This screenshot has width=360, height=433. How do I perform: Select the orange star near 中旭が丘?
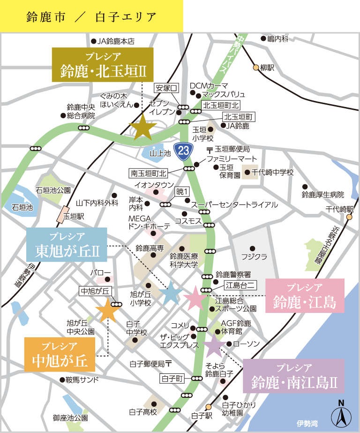click(x=108, y=310)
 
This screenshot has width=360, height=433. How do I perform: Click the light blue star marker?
click(x=171, y=293)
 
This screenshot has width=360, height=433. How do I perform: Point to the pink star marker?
click(x=194, y=298)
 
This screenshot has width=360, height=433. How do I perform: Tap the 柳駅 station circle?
click(x=256, y=68)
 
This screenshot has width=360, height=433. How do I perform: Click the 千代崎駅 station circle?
click(x=349, y=217)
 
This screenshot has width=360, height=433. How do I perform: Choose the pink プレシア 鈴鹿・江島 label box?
click(x=305, y=296)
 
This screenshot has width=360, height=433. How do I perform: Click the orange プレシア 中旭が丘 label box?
click(x=60, y=355)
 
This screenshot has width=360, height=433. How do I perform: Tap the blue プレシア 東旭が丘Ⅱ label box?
click(x=67, y=245)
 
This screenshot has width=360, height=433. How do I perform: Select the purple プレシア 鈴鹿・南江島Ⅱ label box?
click(x=294, y=376)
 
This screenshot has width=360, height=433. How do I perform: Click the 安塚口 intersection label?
click(x=166, y=88)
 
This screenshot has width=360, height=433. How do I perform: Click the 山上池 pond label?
click(x=157, y=153)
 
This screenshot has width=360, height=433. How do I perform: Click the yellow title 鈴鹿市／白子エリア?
click(x=91, y=16)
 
